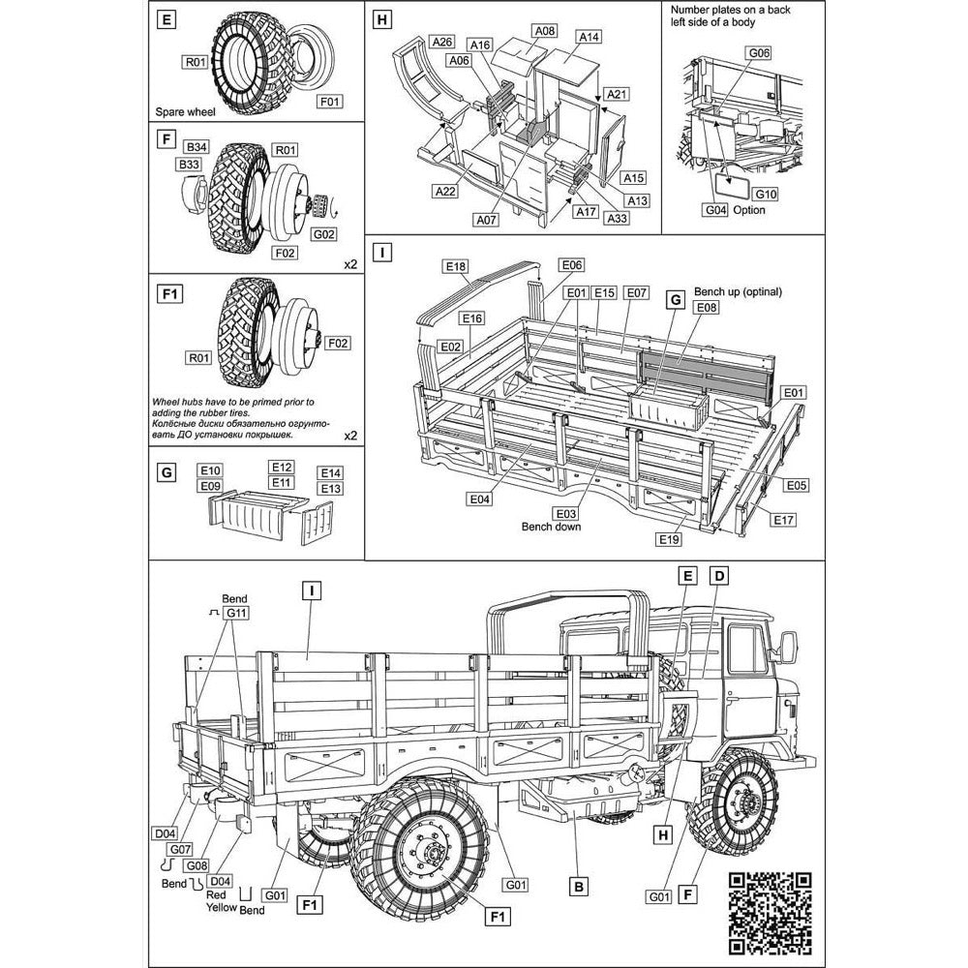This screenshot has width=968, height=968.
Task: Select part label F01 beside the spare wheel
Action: (330, 100)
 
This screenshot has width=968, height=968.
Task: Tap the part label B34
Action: (197, 147)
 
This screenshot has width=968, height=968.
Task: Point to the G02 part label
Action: (324, 233)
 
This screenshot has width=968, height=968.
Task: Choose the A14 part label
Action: (589, 36)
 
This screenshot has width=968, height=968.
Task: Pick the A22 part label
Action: (445, 192)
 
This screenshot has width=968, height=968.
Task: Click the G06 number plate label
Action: (758, 52)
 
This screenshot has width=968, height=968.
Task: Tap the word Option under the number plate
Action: (749, 210)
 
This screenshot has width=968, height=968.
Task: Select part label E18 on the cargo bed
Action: (457, 266)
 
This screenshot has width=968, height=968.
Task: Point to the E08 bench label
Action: (707, 308)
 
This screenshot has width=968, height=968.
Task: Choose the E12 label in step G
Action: (282, 467)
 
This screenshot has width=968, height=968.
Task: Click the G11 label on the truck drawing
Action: (237, 613)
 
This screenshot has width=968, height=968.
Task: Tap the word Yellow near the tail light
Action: (221, 910)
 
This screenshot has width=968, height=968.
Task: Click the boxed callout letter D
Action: (718, 574)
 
